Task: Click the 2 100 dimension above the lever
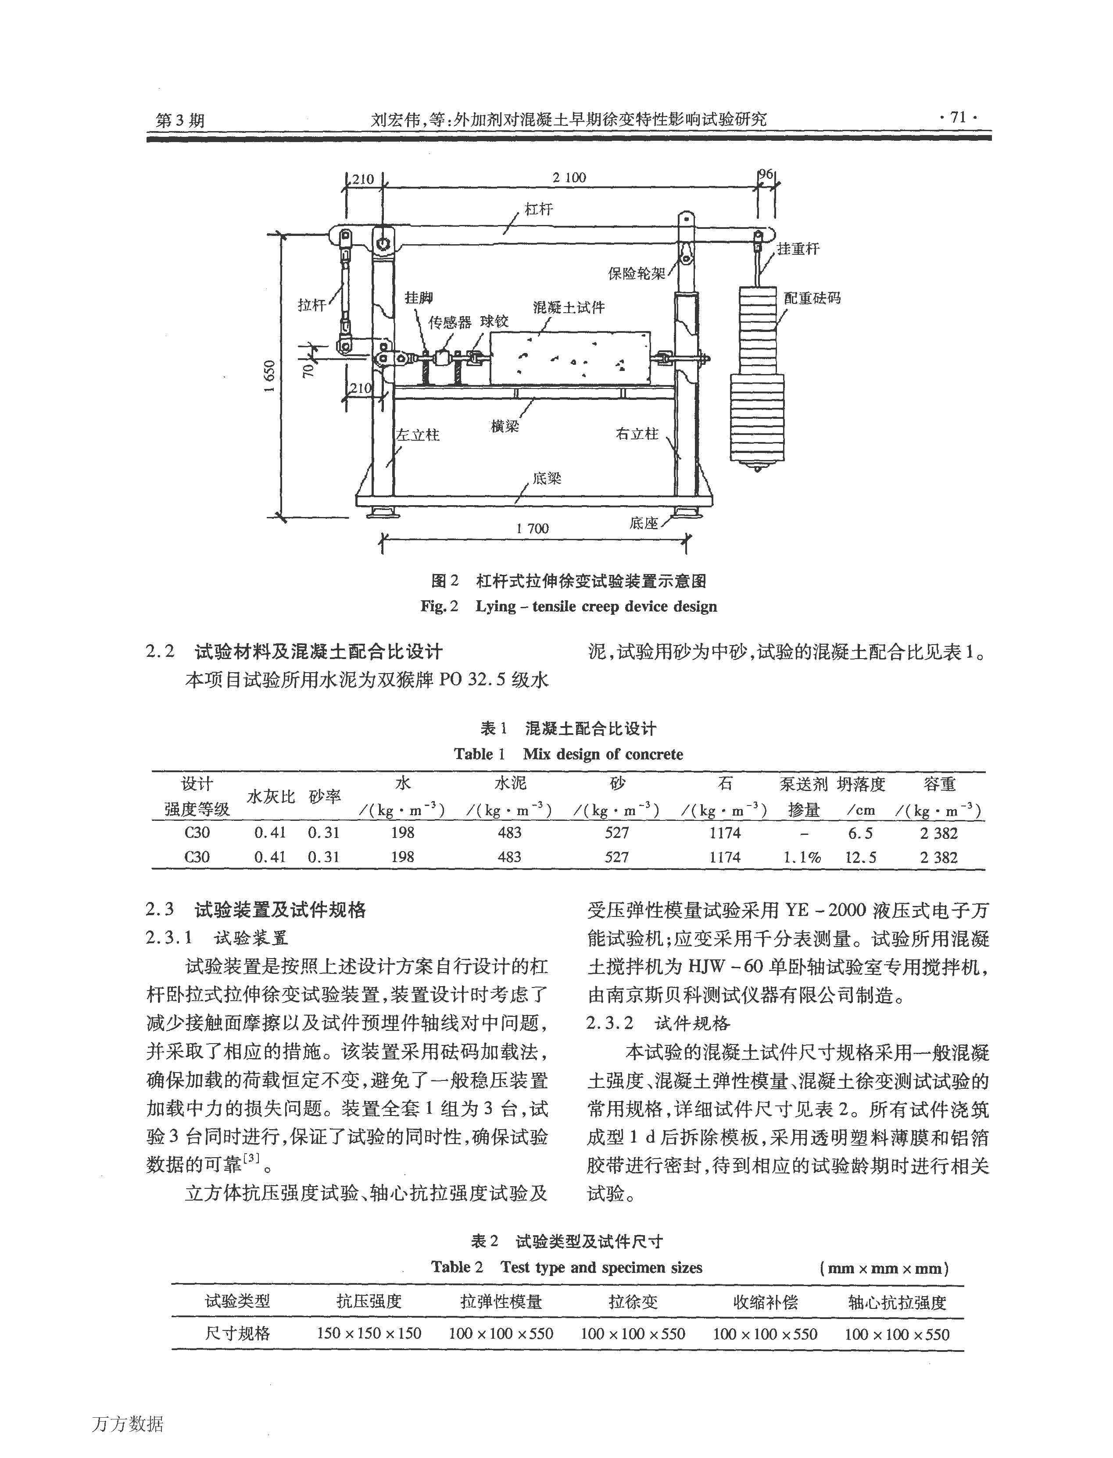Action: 569,178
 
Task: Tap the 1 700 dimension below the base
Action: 532,528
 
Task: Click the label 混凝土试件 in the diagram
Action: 569,307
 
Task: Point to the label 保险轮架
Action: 637,273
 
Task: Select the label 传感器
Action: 449,322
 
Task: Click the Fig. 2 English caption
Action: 569,606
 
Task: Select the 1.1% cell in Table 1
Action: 802,857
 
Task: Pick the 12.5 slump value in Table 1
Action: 861,857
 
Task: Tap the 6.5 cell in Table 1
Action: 861,833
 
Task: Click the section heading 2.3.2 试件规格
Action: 658,1023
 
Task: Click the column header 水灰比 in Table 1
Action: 270,797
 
